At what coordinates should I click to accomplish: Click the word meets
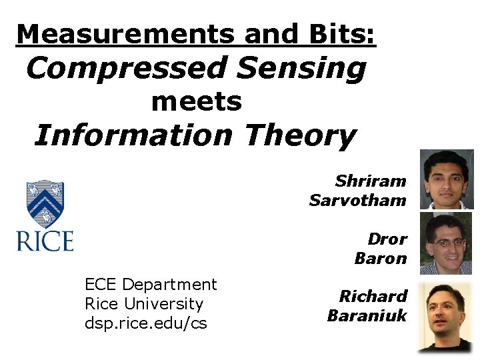coord(197,103)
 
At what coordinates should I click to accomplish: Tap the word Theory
coord(300,136)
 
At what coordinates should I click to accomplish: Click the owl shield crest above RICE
coord(45,203)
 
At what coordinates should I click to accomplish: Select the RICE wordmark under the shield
coord(45,241)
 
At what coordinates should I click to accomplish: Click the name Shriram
coord(371,181)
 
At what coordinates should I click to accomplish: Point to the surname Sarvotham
coord(358,200)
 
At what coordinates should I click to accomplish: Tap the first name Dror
coord(387,239)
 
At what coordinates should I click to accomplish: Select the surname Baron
coord(381,258)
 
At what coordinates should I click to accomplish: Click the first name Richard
coord(373,296)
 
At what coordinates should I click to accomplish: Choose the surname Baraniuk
coord(367,315)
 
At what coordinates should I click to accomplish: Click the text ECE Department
coord(151,285)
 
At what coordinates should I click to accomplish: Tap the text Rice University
coord(144,304)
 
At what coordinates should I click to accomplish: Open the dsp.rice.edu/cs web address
coord(146,323)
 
